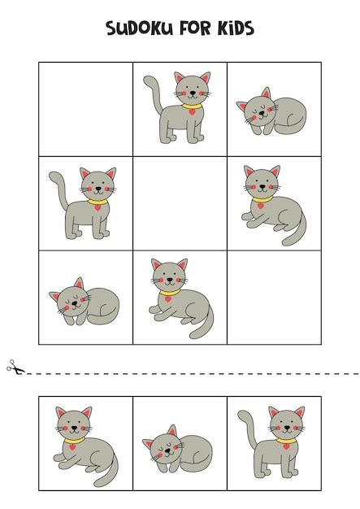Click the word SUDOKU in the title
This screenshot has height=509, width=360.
coord(139,28)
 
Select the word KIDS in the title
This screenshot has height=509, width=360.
coord(236,28)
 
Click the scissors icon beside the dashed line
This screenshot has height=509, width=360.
coord(15,367)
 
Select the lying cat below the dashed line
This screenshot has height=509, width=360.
coord(86,446)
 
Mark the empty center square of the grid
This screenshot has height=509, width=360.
coord(180,203)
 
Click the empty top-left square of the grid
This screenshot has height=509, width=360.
coord(85,109)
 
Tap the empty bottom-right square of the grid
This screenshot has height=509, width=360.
coord(275,298)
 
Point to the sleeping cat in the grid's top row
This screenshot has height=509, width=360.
coord(271,111)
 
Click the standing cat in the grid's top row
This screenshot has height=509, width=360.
coord(177,107)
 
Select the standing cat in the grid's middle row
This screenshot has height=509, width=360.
coord(83,203)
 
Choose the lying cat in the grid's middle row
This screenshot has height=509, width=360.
coord(274,205)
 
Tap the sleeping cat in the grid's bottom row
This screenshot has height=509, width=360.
coord(84,302)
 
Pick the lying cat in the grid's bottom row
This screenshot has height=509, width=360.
coord(181,298)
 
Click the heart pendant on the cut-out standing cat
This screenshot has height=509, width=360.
coord(286,446)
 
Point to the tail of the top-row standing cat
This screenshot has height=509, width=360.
coord(153,94)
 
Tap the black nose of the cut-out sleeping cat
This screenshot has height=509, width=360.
coord(167,451)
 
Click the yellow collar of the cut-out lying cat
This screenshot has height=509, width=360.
coord(74,441)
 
